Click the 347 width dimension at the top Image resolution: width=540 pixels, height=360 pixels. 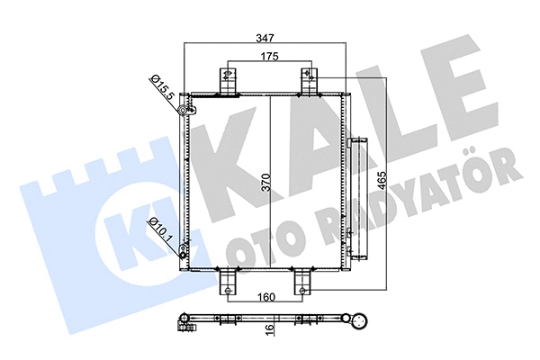pyautogui.click(x=264, y=39)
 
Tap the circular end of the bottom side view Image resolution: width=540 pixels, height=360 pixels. pyautogui.click(x=363, y=321)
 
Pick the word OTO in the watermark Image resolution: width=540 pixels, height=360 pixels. pyautogui.click(x=269, y=230)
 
